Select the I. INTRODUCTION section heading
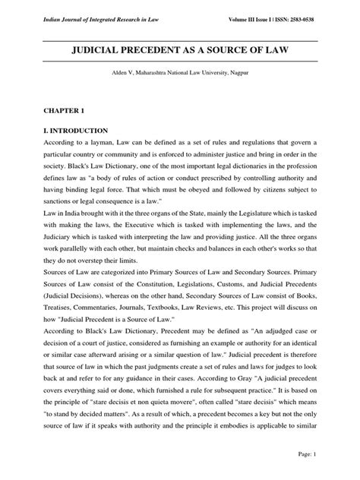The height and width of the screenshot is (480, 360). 75,130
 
